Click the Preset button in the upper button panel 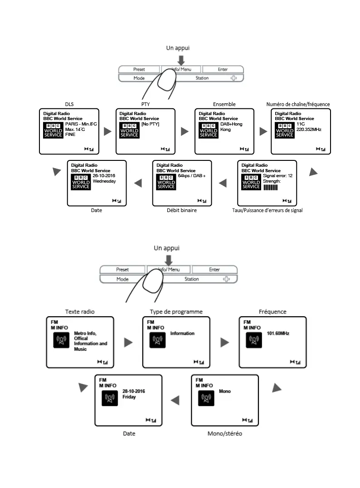pos(139,69)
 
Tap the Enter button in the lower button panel pos(214,270)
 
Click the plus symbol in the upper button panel pos(234,78)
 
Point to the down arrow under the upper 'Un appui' pos(181,60)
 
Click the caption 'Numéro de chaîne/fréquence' pos(298,104)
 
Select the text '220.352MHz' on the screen pos(308,129)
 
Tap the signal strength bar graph pos(270,187)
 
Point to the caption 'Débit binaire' pos(182,210)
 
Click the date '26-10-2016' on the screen pos(104,175)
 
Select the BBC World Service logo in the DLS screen pos(54,130)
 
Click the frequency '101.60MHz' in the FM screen pos(278,333)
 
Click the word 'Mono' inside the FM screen pos(225,391)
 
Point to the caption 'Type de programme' pos(176,312)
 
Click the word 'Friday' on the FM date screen pos(129,397)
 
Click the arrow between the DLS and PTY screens pos(107,131)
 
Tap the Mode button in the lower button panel pos(122,279)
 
